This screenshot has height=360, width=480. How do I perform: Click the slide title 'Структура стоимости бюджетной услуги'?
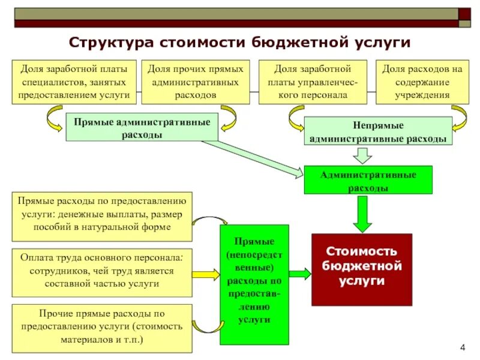click(x=239, y=43)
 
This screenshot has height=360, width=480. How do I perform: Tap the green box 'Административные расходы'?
click(x=368, y=180)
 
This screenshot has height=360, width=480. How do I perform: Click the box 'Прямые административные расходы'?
click(x=142, y=127)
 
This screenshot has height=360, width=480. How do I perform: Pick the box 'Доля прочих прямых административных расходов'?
click(x=196, y=82)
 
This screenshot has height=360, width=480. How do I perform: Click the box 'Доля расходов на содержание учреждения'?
click(x=422, y=82)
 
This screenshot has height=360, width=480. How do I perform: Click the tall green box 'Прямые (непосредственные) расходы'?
click(x=254, y=284)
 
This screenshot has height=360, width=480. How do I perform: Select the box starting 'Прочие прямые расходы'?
click(x=101, y=328)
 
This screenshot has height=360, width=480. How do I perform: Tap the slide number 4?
click(x=463, y=347)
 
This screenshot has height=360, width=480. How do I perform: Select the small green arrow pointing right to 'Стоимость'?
click(x=299, y=274)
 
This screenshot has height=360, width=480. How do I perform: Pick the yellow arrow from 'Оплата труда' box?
click(x=206, y=274)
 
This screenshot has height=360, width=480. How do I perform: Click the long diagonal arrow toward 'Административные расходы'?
click(x=252, y=158)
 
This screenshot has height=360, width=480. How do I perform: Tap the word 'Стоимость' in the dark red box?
click(x=361, y=253)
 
